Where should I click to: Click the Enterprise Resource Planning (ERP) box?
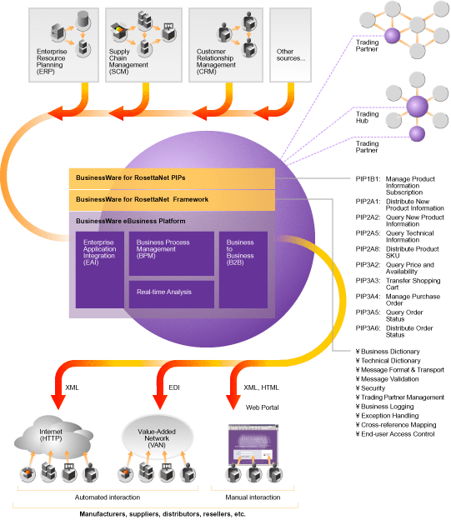click(x=63, y=45)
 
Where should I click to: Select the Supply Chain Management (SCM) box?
click(x=143, y=45)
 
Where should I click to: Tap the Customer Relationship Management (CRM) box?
click(x=226, y=45)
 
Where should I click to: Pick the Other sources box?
click(x=290, y=45)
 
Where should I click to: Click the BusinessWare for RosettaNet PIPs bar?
click(x=172, y=178)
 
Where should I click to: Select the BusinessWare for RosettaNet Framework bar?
click(x=172, y=200)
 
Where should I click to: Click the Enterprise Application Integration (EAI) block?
click(x=100, y=270)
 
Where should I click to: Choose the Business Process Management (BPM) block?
click(x=172, y=253)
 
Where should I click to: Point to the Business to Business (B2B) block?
click(x=243, y=270)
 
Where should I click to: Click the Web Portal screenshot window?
click(x=253, y=445)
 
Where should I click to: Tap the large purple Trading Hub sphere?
click(x=417, y=106)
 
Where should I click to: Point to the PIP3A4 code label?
click(x=368, y=297)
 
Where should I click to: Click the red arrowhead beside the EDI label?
click(x=159, y=402)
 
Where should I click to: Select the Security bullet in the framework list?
click(x=370, y=388)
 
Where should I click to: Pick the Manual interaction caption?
click(x=253, y=497)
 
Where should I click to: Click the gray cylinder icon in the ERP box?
click(x=83, y=19)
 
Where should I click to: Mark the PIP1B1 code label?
click(x=368, y=179)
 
